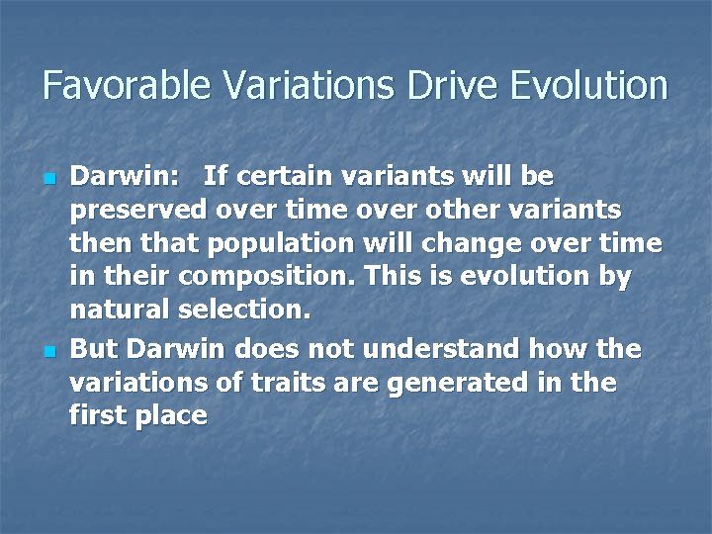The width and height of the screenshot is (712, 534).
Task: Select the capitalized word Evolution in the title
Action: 589,85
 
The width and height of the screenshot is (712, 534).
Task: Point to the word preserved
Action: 138,211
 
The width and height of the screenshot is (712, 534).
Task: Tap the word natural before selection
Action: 119,311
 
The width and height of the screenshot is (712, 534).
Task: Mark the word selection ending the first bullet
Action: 244,311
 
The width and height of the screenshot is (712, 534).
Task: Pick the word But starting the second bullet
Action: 92,349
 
